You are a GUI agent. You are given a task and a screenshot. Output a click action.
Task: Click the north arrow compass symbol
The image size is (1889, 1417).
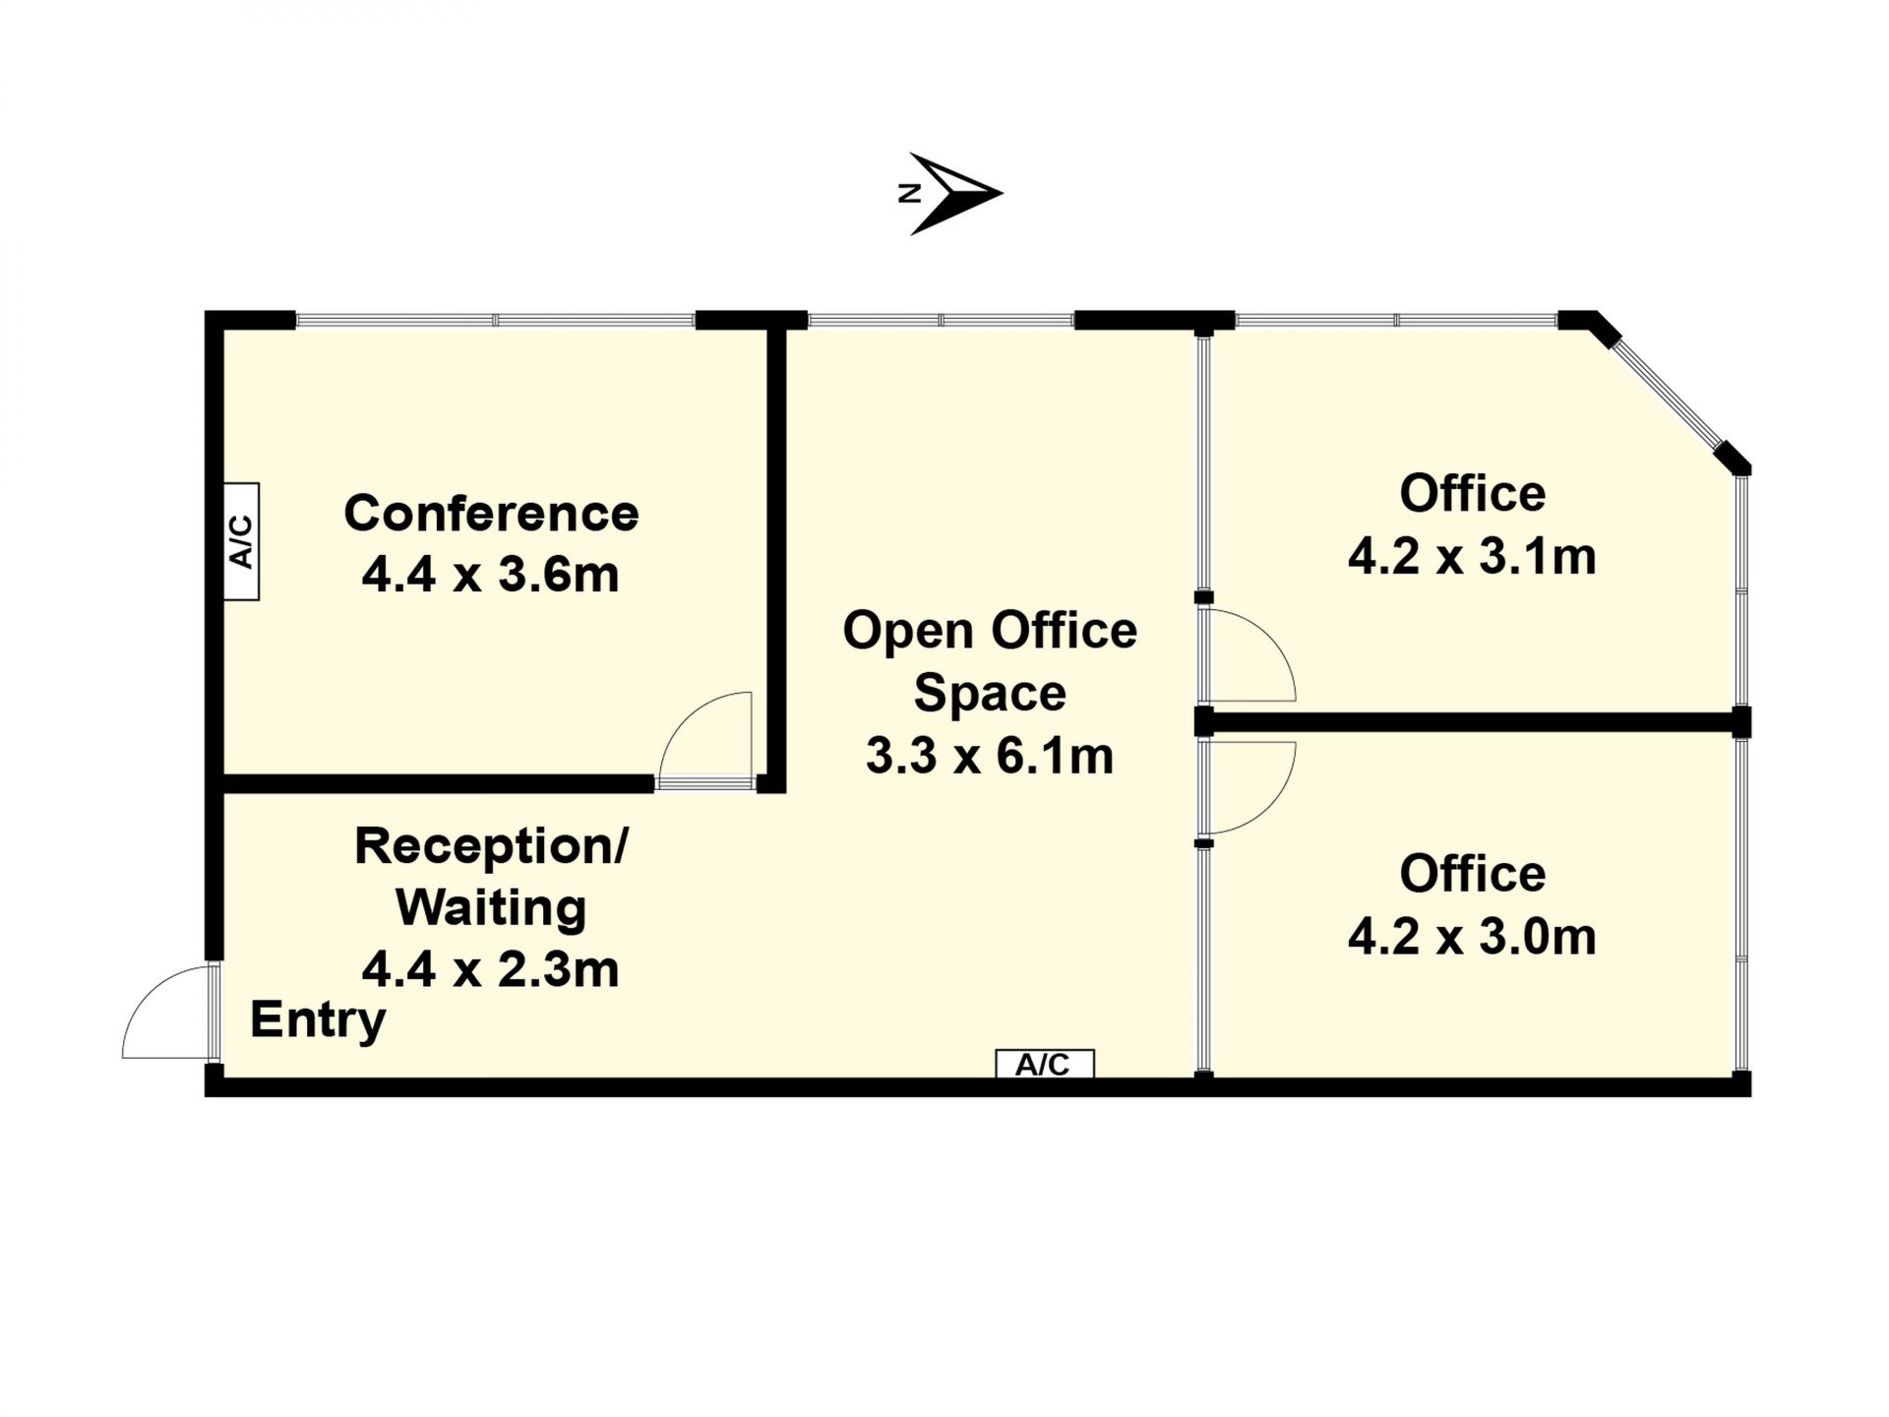pyautogui.click(x=950, y=194)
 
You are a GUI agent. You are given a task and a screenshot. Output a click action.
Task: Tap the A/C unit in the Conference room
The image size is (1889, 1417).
pyautogui.click(x=242, y=541)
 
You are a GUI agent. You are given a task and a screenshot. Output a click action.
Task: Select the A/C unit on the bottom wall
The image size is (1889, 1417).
pyautogui.click(x=1044, y=1064)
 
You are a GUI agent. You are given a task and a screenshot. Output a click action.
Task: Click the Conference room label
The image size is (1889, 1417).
pyautogui.click(x=491, y=514)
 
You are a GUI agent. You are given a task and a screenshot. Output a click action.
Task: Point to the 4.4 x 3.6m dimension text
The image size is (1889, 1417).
pyautogui.click(x=490, y=575)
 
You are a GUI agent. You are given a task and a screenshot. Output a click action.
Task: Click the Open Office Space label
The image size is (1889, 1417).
pyautogui.click(x=990, y=661)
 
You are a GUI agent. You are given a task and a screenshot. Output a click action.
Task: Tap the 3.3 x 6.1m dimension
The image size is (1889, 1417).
pyautogui.click(x=990, y=756)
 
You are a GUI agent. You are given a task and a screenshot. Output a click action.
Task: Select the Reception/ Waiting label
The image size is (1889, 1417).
pyautogui.click(x=491, y=877)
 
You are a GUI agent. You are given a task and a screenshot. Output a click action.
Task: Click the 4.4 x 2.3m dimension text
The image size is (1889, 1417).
pyautogui.click(x=490, y=969)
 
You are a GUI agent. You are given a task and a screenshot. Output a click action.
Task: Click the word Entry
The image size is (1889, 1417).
pyautogui.click(x=318, y=1020)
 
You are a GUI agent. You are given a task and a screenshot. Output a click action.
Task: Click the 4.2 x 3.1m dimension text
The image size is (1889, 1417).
pyautogui.click(x=1472, y=557)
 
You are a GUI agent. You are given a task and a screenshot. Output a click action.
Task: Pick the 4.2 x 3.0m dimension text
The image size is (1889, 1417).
pyautogui.click(x=1472, y=937)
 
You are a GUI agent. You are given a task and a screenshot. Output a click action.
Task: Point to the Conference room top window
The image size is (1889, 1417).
pyautogui.click(x=496, y=320)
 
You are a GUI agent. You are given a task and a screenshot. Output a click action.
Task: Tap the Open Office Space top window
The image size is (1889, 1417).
pyautogui.click(x=941, y=320)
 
